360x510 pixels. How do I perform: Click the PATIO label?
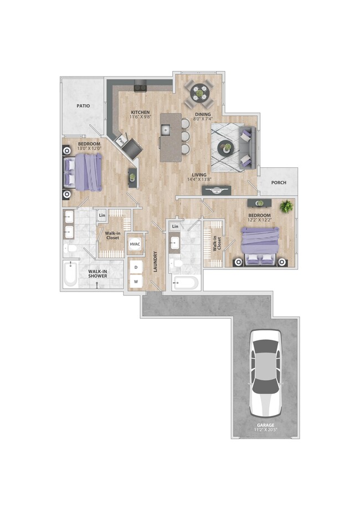click(83, 105)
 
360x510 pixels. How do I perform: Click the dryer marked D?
click(136, 267)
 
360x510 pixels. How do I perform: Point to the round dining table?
click(200, 93)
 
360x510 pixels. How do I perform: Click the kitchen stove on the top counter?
click(140, 86)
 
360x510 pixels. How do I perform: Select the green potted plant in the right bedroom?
click(286, 207)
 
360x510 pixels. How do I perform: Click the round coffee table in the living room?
click(225, 147)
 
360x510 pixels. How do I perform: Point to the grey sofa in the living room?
click(247, 147)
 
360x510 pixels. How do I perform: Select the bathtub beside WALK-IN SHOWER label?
click(70, 274)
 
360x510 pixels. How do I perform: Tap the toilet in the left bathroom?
click(70, 248)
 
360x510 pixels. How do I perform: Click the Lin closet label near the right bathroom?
click(175, 226)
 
